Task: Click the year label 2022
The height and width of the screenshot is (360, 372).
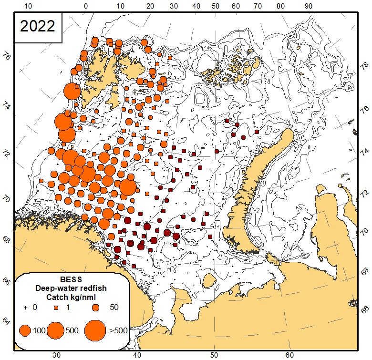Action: pyautogui.click(x=37, y=26)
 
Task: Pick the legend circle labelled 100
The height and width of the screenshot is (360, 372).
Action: pyautogui.click(x=25, y=330)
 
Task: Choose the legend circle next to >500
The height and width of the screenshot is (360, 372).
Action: pyautogui.click(x=95, y=330)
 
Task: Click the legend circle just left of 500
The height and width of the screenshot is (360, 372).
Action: pyautogui.click(x=56, y=330)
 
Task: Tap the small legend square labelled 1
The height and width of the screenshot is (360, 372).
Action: pyautogui.click(x=55, y=308)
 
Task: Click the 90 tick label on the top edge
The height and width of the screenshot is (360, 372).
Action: pyautogui.click(x=309, y=6)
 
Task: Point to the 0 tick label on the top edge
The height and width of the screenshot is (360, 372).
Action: pyautogui.click(x=85, y=6)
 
